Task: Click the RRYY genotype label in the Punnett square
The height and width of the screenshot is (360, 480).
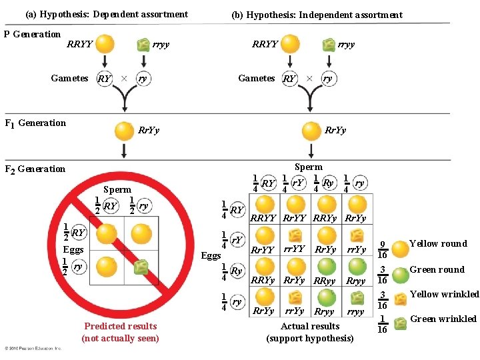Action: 263,218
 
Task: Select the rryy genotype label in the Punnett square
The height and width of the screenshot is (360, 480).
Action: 355,311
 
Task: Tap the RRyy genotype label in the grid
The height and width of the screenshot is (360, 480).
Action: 324,281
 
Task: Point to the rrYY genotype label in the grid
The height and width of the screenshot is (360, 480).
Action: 295,249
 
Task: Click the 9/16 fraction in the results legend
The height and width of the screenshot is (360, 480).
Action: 382,250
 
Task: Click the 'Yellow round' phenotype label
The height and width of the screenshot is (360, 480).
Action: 438,244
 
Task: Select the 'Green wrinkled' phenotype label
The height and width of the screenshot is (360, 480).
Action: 443,319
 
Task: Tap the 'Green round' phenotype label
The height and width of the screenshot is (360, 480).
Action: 437,269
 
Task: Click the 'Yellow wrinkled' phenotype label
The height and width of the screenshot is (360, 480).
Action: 444,294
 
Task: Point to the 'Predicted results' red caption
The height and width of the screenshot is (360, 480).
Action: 121,326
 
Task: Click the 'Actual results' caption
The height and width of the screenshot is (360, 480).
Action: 310,326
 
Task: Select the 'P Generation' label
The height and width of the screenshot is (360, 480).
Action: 32,34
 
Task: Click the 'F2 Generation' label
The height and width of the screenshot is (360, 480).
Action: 35,169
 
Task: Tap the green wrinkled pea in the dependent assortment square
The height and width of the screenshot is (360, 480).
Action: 141,267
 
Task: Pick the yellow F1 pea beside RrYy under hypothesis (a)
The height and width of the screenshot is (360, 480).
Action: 124,130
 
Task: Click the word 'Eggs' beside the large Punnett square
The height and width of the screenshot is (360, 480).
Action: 211,255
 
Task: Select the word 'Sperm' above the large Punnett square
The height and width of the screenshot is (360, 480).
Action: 308,167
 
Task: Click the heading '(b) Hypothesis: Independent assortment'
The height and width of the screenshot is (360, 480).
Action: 317,15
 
